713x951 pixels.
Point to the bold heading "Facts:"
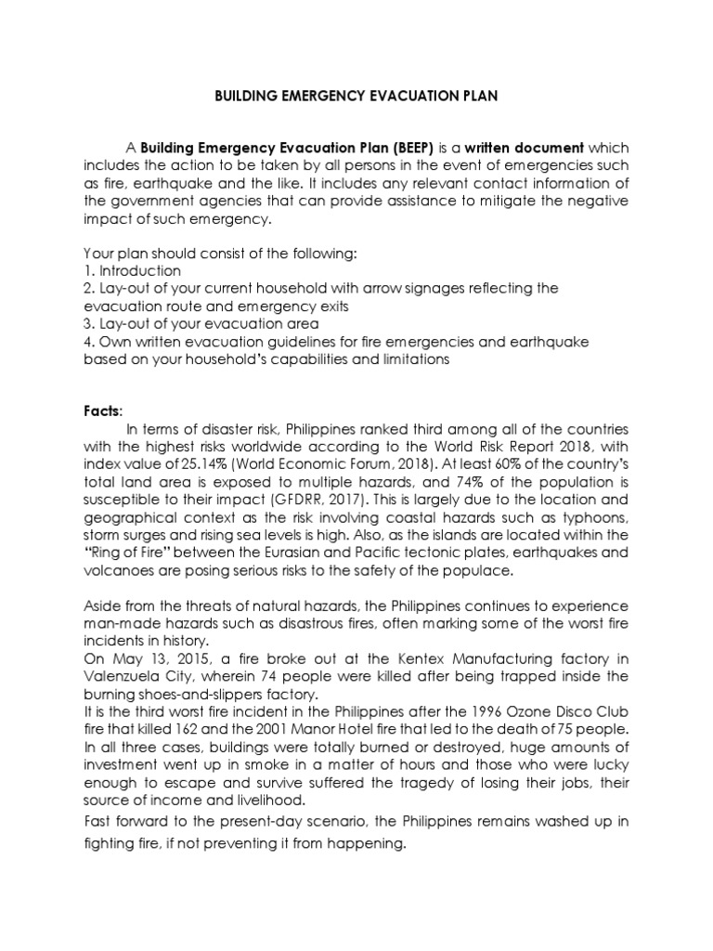tap(103, 411)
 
